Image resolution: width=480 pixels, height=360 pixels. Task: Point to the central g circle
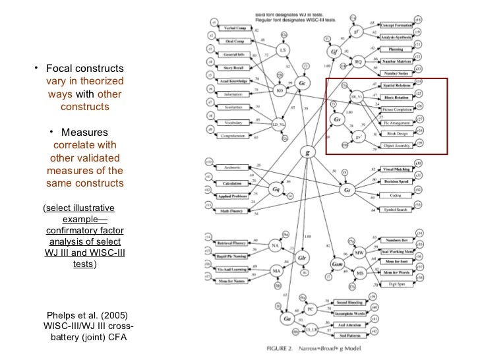[x=305, y=152]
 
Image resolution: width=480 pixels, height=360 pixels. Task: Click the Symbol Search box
[x=394, y=210]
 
